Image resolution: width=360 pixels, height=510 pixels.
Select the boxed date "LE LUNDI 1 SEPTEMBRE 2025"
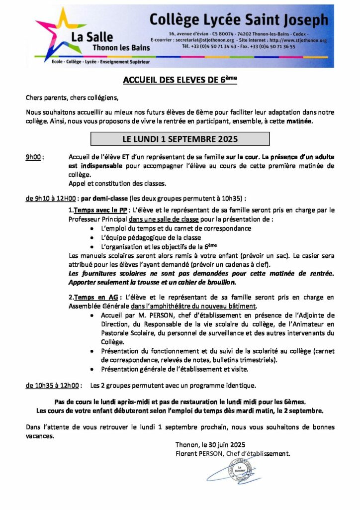[180, 138]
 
